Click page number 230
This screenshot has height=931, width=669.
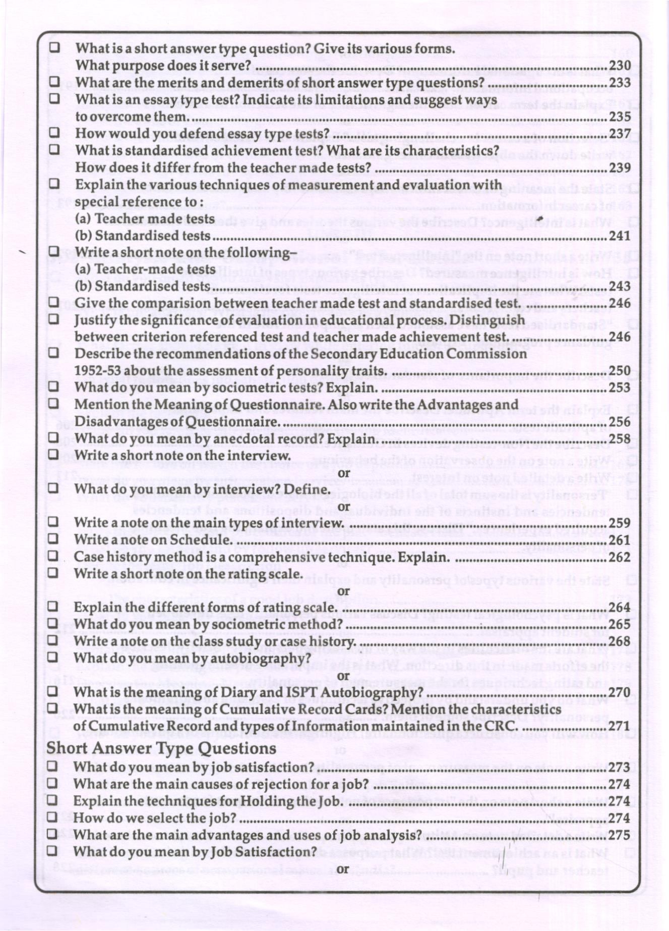[x=620, y=66]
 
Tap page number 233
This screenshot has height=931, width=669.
[x=620, y=83]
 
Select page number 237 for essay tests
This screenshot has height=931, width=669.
[x=620, y=134]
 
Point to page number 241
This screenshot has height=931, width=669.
[x=620, y=236]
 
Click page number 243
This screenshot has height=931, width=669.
[x=620, y=286]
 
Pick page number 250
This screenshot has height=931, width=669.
[x=620, y=371]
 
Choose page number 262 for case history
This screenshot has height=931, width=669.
[x=620, y=557]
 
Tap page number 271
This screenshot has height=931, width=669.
[x=620, y=726]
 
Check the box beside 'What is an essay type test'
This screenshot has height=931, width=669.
[x=54, y=99]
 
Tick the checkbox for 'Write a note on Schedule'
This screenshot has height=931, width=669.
[x=53, y=539]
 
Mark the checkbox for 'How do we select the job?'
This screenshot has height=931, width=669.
[x=52, y=818]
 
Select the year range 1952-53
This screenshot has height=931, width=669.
[x=97, y=371]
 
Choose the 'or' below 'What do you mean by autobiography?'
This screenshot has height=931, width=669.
[x=343, y=675]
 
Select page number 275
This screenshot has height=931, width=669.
[x=620, y=835]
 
